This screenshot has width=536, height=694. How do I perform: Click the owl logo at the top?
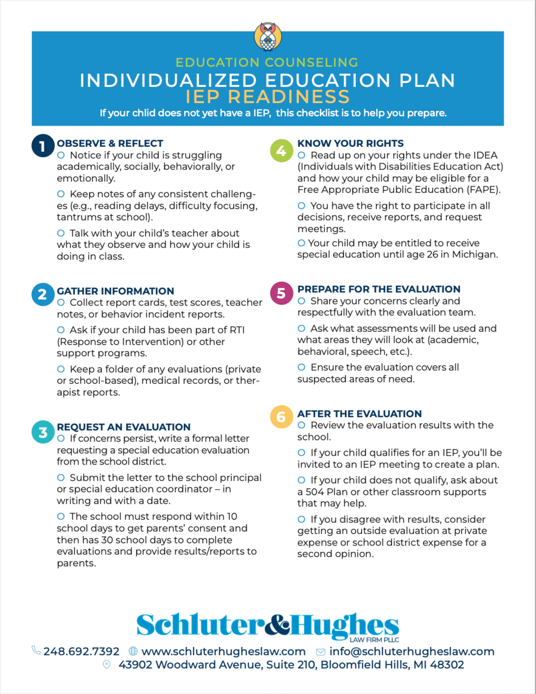click(268, 37)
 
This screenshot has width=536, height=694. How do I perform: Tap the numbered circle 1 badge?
click(42, 146)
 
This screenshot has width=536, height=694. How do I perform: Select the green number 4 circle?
click(281, 151)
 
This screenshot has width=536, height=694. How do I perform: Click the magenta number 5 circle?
click(281, 293)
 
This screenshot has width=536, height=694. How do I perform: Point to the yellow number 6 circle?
click(281, 417)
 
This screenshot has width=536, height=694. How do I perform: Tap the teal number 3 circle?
click(43, 432)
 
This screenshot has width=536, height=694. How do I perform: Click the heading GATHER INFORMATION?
click(115, 291)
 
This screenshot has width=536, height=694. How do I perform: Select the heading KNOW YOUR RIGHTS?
click(350, 144)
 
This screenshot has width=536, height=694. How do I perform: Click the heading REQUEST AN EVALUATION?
click(124, 427)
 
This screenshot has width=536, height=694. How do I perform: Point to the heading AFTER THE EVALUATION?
click(359, 414)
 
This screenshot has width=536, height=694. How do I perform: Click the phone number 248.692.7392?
click(81, 651)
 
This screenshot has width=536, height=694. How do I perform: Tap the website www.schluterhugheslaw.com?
click(223, 651)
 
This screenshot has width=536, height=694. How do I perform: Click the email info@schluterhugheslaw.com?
click(411, 651)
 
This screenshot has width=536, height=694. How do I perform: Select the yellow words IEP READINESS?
click(267, 96)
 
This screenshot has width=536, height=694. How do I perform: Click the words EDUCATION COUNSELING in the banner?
click(267, 62)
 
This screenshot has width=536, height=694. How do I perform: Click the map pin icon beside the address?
click(107, 664)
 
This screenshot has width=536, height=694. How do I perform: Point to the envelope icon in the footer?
click(321, 652)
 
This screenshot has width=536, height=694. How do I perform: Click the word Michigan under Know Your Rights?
click(474, 255)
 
